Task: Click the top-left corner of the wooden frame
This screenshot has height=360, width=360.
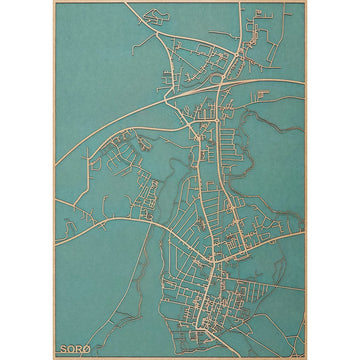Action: pos(54,2)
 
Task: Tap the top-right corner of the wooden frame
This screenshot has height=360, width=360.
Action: pos(305,2)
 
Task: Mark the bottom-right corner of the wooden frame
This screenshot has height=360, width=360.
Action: pos(305,357)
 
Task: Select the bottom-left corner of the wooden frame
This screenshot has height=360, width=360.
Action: pos(54,357)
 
